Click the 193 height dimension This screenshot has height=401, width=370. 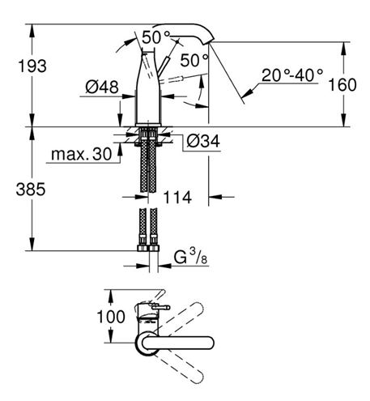pyautogui.click(x=32, y=66)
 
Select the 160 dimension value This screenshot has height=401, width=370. pyautogui.click(x=342, y=85)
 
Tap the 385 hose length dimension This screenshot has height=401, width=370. pyautogui.click(x=31, y=189)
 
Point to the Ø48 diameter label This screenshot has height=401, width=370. pyautogui.click(x=102, y=87)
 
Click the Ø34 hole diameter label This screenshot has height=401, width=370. pyautogui.click(x=203, y=141)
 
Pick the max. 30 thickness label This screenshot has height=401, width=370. pyautogui.click(x=81, y=154)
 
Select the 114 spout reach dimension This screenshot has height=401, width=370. pyautogui.click(x=177, y=197)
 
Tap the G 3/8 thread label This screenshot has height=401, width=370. pyautogui.click(x=190, y=258)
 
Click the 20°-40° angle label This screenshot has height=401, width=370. pyautogui.click(x=292, y=75)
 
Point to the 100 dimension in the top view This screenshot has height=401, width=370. pyautogui.click(x=111, y=317)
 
